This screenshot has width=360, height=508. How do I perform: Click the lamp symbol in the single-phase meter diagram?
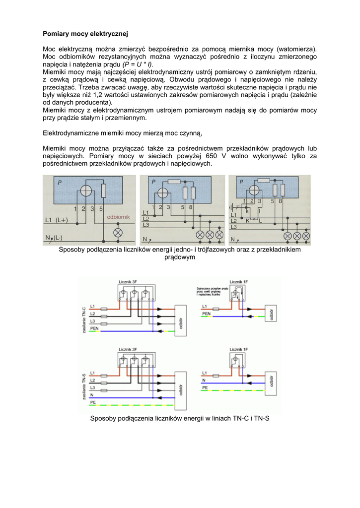coord(118,232)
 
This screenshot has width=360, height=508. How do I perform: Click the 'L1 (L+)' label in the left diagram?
coord(57,219)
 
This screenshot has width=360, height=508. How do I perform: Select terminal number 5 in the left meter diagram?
coord(101,208)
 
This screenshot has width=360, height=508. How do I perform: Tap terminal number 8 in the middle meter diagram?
coord(191,207)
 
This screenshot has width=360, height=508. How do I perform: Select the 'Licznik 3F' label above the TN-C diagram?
coord(128,282)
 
